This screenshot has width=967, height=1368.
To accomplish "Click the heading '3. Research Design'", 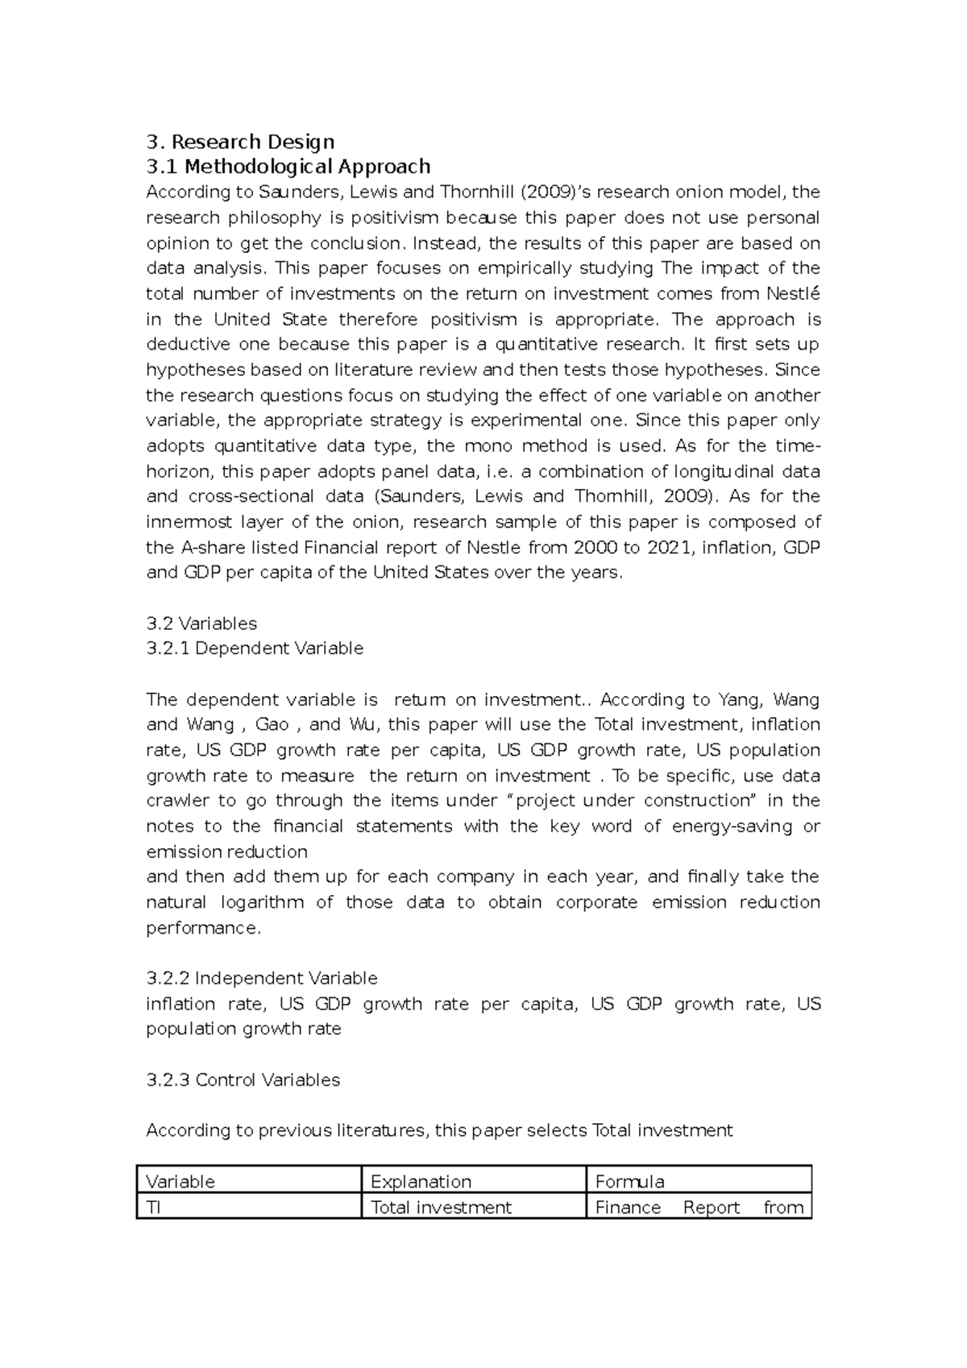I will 240,142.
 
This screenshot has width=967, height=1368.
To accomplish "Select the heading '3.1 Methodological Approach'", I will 288,167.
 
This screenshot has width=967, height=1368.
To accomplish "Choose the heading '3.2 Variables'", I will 201,623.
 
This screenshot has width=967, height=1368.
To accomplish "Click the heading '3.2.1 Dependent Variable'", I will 255,649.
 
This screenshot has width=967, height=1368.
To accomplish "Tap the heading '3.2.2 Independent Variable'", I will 262,978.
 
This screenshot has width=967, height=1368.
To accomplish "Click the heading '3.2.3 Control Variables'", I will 243,1080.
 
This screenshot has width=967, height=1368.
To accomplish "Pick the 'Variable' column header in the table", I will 181,1181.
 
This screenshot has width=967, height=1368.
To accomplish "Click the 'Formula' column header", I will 629,1181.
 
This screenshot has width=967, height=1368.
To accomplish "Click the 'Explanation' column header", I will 421,1181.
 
